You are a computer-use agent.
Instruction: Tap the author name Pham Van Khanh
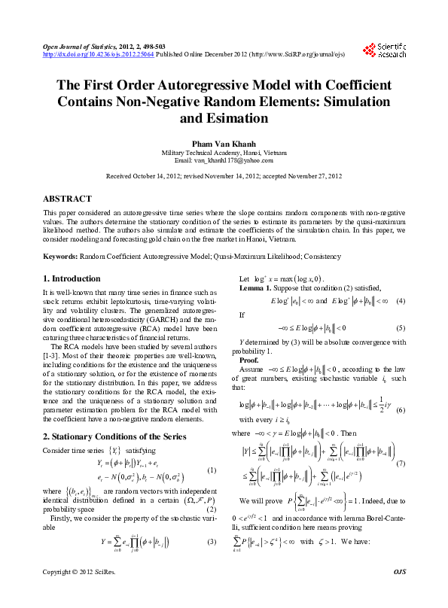tap(224, 142)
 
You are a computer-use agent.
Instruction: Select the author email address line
tap(224, 160)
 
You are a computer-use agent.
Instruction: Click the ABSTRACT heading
tap(67, 199)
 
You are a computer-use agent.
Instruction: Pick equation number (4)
tap(401, 302)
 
